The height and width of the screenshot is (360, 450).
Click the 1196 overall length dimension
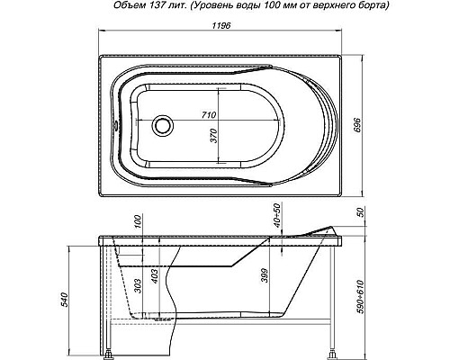tap(221, 26)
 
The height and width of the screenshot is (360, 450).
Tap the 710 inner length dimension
tap(209, 114)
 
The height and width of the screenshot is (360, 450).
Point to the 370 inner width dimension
tap(214, 136)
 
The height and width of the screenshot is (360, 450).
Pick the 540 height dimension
tap(66, 299)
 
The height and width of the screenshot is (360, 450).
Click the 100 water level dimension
tap(138, 221)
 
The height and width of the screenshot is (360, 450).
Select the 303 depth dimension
tap(138, 286)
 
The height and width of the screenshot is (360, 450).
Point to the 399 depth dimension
tap(265, 275)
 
